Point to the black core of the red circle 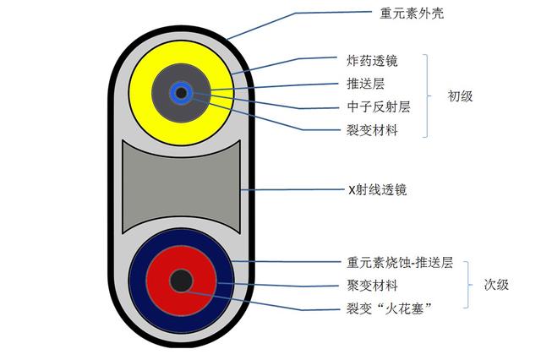coord(180,281)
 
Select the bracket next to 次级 coord(467,285)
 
